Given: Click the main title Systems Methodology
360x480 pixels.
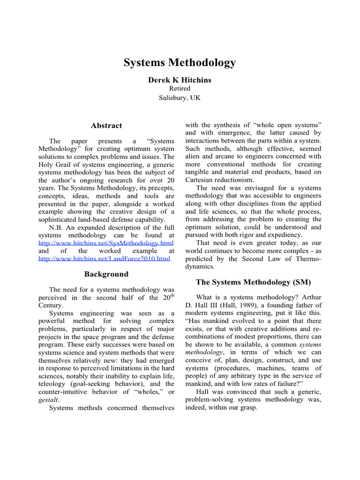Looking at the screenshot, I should point(180,63).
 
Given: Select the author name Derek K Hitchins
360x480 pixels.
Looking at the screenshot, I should point(180,80).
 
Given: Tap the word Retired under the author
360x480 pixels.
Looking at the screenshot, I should point(180,89).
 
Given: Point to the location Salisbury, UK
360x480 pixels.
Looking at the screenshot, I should point(180,97).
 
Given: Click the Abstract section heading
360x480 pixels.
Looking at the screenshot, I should point(106,126).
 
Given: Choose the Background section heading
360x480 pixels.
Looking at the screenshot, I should point(106,274).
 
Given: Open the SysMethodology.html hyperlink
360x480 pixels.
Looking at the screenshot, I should point(106,243).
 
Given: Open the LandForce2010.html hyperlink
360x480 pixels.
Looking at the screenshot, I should point(104,258).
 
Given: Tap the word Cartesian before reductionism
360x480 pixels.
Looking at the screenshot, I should point(202,180).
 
